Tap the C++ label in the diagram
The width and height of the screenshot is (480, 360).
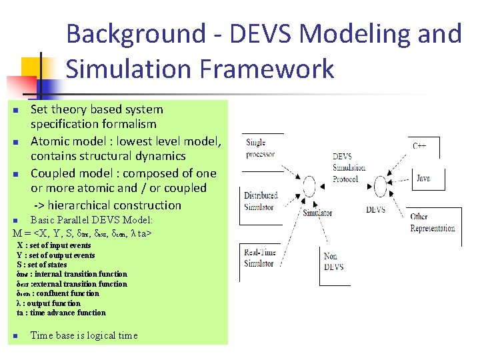(419, 145)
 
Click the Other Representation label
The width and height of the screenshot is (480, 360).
(432, 223)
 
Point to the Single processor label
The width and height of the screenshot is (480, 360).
(260, 148)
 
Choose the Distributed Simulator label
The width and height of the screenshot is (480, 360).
(260, 201)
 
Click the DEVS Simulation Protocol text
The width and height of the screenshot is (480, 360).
(349, 168)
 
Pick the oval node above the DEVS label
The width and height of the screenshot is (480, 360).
(381, 184)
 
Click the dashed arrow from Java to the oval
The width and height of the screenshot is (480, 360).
(400, 181)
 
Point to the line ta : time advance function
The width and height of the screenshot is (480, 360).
(61, 313)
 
